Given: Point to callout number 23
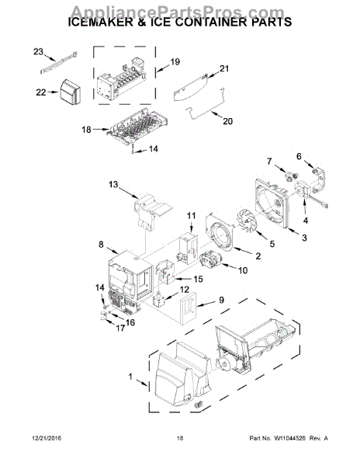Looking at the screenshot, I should [39, 53].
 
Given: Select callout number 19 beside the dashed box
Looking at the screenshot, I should [175, 61].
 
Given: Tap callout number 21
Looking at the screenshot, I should [225, 69].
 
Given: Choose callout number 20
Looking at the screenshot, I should [227, 120].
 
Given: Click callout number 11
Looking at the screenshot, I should [191, 214].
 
